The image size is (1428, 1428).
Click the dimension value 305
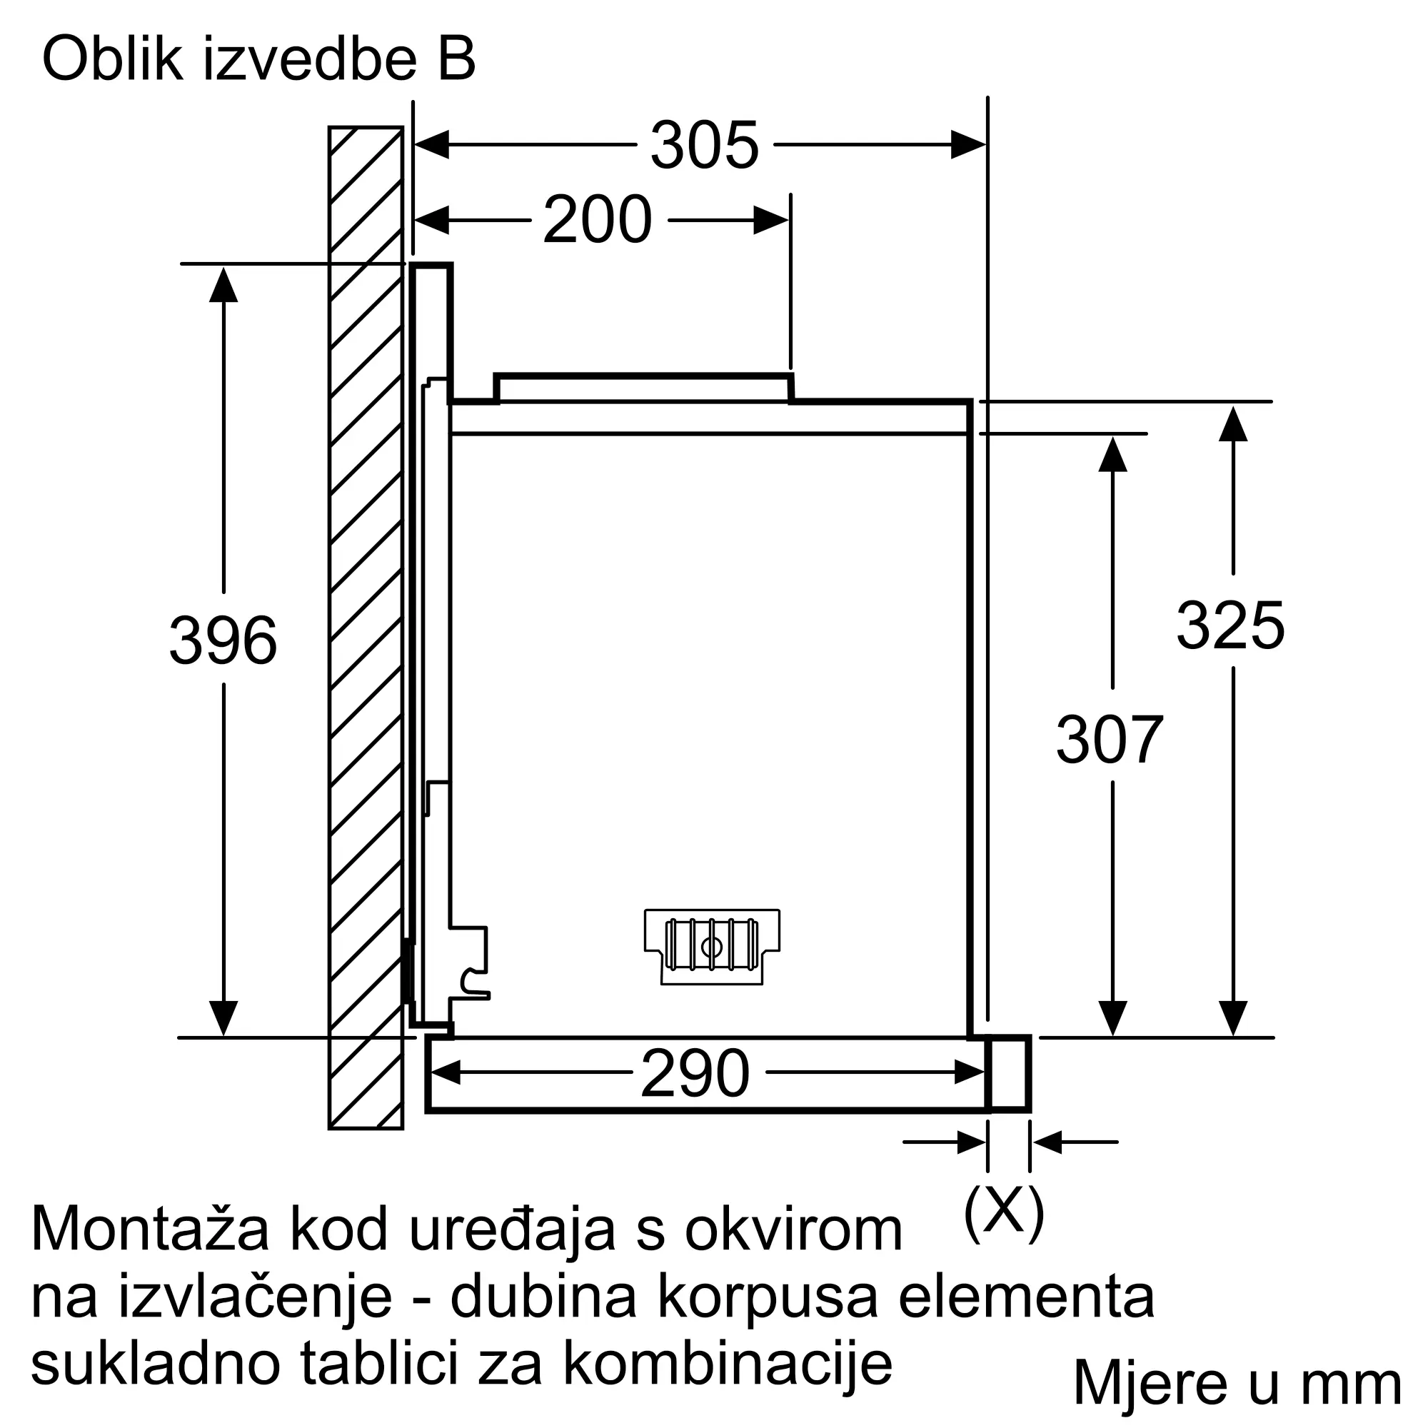click(705, 145)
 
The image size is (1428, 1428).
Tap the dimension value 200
click(597, 219)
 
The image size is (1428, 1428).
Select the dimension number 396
click(223, 640)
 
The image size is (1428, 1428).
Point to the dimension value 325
click(1231, 625)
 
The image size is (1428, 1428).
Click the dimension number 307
click(1110, 740)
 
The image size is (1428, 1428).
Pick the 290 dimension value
click(695, 1073)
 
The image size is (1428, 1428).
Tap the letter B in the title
click(456, 59)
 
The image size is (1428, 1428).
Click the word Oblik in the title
click(112, 59)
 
